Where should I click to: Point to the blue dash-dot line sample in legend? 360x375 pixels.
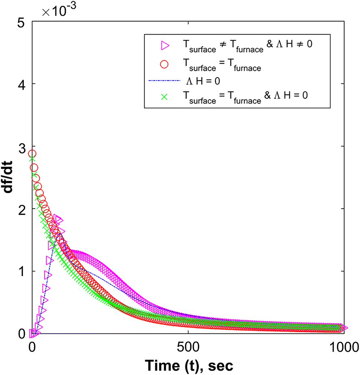point(164,80)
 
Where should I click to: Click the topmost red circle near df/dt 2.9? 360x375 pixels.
point(32,153)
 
